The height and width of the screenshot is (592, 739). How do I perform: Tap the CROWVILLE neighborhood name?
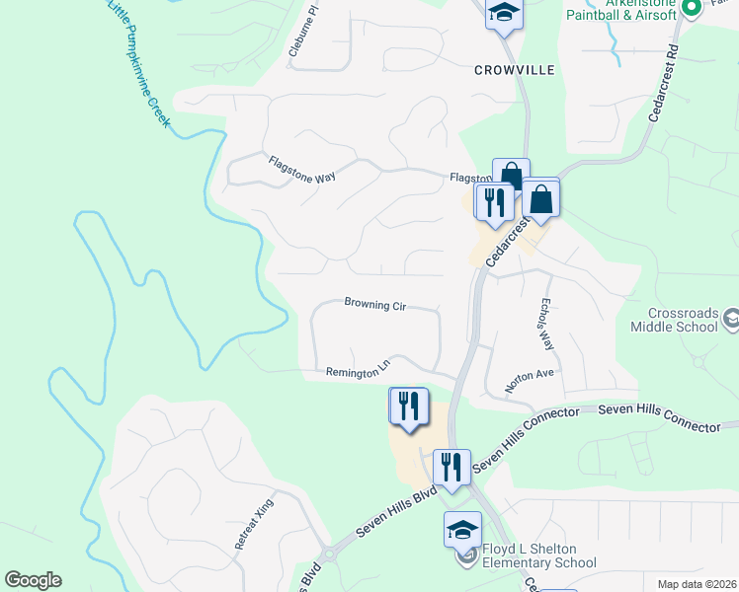coord(514,70)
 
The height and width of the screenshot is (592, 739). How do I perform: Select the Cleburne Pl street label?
coord(302,35)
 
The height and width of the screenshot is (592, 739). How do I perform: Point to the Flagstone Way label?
coord(301,170)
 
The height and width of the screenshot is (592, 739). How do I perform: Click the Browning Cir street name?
coord(375,305)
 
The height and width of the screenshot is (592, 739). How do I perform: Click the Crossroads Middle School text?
coord(683,319)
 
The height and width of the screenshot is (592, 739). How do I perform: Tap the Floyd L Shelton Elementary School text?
coord(538,556)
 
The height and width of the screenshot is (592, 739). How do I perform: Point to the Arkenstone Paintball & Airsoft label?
coord(620,9)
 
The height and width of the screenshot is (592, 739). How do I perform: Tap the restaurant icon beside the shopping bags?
coord(493,201)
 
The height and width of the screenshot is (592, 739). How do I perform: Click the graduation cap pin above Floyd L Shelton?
coord(462,530)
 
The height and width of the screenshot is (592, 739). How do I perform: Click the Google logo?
coord(33,580)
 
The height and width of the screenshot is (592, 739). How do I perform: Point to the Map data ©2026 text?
coord(697,584)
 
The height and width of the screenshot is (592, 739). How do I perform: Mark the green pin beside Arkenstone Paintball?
coord(693,8)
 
